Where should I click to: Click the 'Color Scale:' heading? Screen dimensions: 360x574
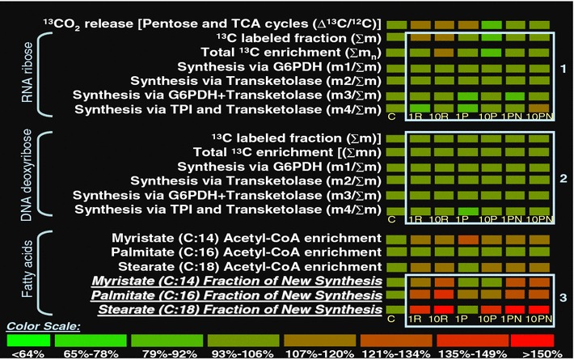click(41, 326)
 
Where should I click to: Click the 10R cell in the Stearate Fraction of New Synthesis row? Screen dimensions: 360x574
click(443, 309)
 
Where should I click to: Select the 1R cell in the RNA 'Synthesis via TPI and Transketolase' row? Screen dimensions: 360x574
click(419, 108)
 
